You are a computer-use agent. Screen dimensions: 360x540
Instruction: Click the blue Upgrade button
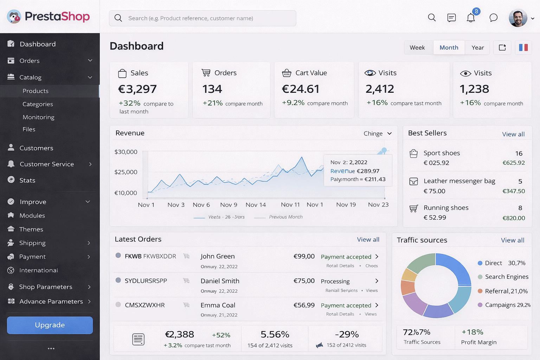(50, 325)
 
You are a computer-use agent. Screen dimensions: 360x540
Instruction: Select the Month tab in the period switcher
(449, 47)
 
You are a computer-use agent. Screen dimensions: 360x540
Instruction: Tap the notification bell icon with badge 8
(471, 18)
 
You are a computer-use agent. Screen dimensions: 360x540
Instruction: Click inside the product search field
(202, 18)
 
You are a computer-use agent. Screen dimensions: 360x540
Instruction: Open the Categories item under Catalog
(38, 104)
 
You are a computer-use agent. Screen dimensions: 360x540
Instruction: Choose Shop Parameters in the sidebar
(46, 287)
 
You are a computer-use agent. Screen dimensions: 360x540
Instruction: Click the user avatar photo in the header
(517, 18)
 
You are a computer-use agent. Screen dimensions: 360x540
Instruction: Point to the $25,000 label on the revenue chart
(126, 172)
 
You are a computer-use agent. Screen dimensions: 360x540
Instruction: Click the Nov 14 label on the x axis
(256, 205)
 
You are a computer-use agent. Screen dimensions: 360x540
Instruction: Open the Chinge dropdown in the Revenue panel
(378, 134)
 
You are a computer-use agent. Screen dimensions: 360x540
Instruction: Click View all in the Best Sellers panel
(513, 134)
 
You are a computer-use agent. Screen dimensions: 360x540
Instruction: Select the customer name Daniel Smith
(220, 281)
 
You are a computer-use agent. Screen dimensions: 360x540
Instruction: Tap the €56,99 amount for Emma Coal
(304, 305)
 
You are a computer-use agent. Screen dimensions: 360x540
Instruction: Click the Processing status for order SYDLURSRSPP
(335, 281)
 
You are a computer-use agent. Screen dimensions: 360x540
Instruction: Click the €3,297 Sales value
(137, 89)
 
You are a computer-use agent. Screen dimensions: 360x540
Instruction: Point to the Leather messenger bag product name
(459, 181)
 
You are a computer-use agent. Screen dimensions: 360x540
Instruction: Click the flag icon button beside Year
(523, 47)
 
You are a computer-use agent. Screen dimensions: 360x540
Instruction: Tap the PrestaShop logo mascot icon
(14, 17)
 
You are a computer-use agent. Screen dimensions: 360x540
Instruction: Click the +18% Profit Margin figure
(472, 332)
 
